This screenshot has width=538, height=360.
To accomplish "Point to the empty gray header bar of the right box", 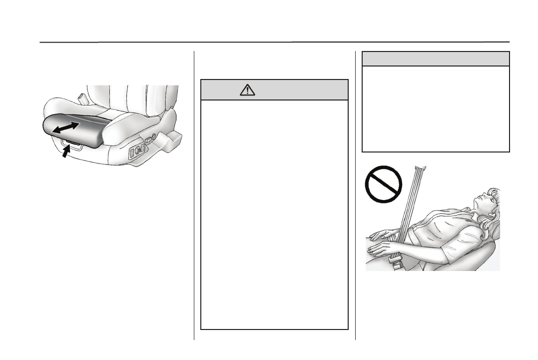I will [x=435, y=58].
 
